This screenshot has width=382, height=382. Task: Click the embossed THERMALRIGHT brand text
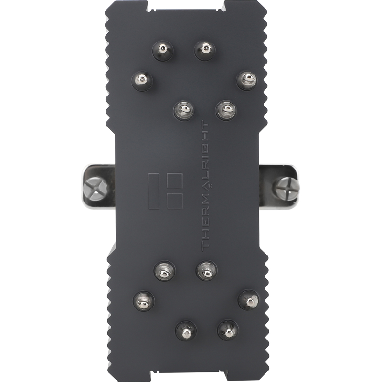[206, 186]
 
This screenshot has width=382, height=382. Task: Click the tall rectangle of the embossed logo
[156, 191]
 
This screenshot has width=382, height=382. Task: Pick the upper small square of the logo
[174, 181]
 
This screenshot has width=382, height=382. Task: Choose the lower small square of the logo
[174, 200]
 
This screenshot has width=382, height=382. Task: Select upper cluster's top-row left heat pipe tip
[163, 49]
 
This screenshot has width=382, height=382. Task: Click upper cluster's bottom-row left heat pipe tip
[184, 110]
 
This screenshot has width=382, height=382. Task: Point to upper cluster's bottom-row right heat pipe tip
[226, 110]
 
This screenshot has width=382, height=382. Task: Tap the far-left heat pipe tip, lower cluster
[143, 300]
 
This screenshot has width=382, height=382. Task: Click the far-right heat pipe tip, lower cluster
[248, 300]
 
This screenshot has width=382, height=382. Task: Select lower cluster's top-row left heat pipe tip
[164, 271]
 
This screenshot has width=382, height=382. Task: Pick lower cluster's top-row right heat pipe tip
[206, 271]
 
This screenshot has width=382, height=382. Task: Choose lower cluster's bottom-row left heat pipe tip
[186, 330]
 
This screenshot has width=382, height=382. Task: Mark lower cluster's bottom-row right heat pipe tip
[228, 329]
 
